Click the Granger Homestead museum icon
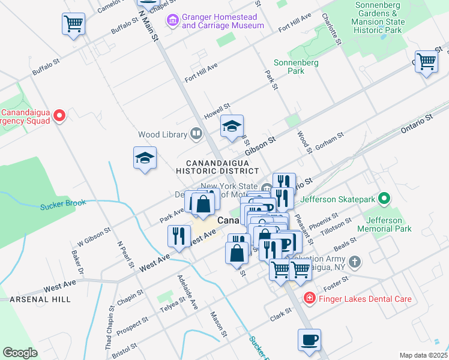[x=173, y=21]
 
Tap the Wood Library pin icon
[x=196, y=134]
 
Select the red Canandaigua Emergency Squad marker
[x=59, y=115]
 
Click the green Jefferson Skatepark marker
[x=385, y=199]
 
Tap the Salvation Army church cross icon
[x=355, y=262]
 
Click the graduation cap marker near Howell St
[x=232, y=127]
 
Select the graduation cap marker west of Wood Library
[x=145, y=158]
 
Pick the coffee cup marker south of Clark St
[x=309, y=340]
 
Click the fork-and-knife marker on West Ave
[x=179, y=235]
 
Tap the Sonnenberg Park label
[x=289, y=66]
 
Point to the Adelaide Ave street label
[x=187, y=292]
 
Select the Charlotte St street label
[x=331, y=30]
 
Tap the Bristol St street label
[x=125, y=350]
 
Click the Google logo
[x=20, y=353]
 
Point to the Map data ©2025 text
[x=423, y=355]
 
